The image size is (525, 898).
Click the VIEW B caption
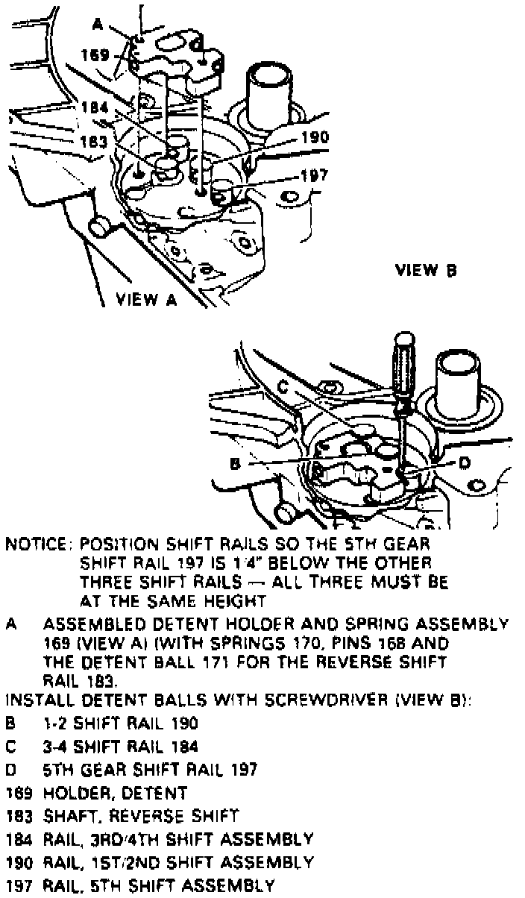point(426,270)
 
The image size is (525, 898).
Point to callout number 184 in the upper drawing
point(95,106)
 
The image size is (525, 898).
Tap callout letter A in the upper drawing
point(97,25)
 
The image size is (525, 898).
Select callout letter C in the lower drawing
point(283,387)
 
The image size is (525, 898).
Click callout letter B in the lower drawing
point(235,463)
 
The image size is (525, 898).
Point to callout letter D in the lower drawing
point(463,463)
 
